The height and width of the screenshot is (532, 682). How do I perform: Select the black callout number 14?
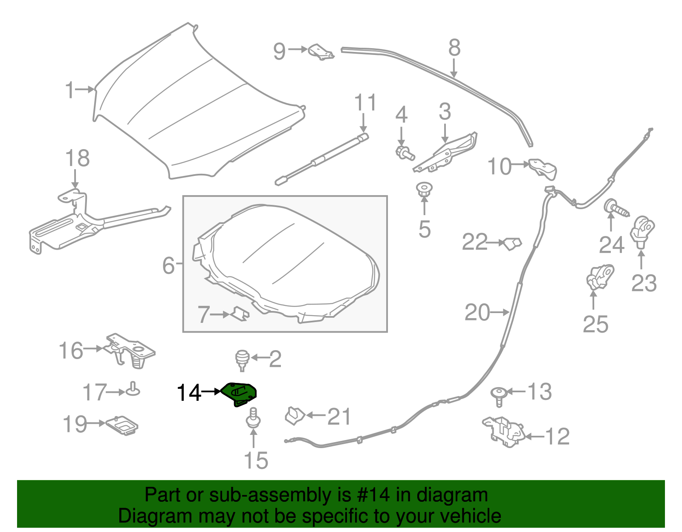click(x=188, y=393)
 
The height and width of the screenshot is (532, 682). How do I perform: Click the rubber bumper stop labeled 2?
click(x=243, y=359)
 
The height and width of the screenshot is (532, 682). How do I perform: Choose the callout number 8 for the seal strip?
click(x=454, y=48)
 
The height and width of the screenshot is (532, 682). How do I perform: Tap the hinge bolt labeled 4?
click(x=404, y=152)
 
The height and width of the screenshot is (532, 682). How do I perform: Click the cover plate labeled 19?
click(x=122, y=425)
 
